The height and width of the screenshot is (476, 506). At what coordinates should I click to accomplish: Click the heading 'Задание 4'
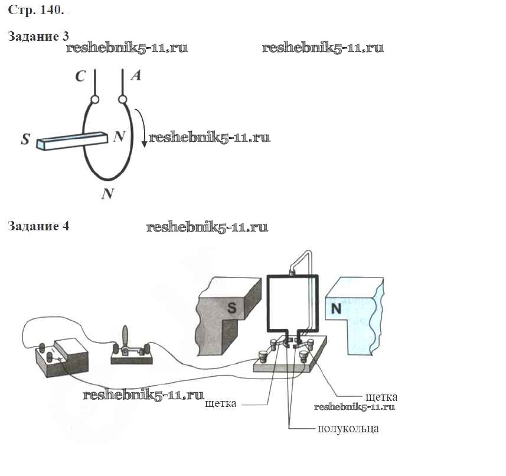(x=38, y=226)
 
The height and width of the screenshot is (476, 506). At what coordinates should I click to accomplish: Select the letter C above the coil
(x=81, y=77)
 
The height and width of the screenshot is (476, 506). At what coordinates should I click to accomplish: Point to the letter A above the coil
(x=135, y=76)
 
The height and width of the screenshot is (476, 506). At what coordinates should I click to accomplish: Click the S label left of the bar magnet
(x=25, y=140)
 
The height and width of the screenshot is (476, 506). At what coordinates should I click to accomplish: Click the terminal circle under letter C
(x=94, y=100)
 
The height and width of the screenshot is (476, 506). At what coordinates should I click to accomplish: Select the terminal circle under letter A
(x=123, y=99)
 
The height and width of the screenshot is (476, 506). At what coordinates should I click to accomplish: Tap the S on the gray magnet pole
(x=233, y=307)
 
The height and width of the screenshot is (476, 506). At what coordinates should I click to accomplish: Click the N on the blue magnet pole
(x=336, y=308)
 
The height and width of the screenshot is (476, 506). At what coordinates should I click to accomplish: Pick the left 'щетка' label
(x=220, y=404)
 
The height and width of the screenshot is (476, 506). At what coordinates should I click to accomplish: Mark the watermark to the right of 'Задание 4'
(x=207, y=227)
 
